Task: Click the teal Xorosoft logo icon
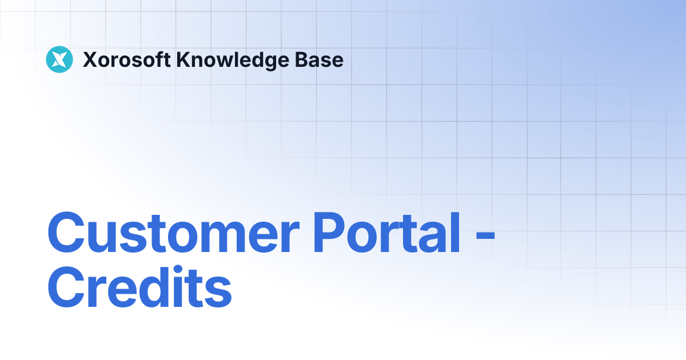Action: [59, 59]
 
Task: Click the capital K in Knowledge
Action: [184, 59]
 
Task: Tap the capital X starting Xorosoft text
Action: [89, 59]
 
